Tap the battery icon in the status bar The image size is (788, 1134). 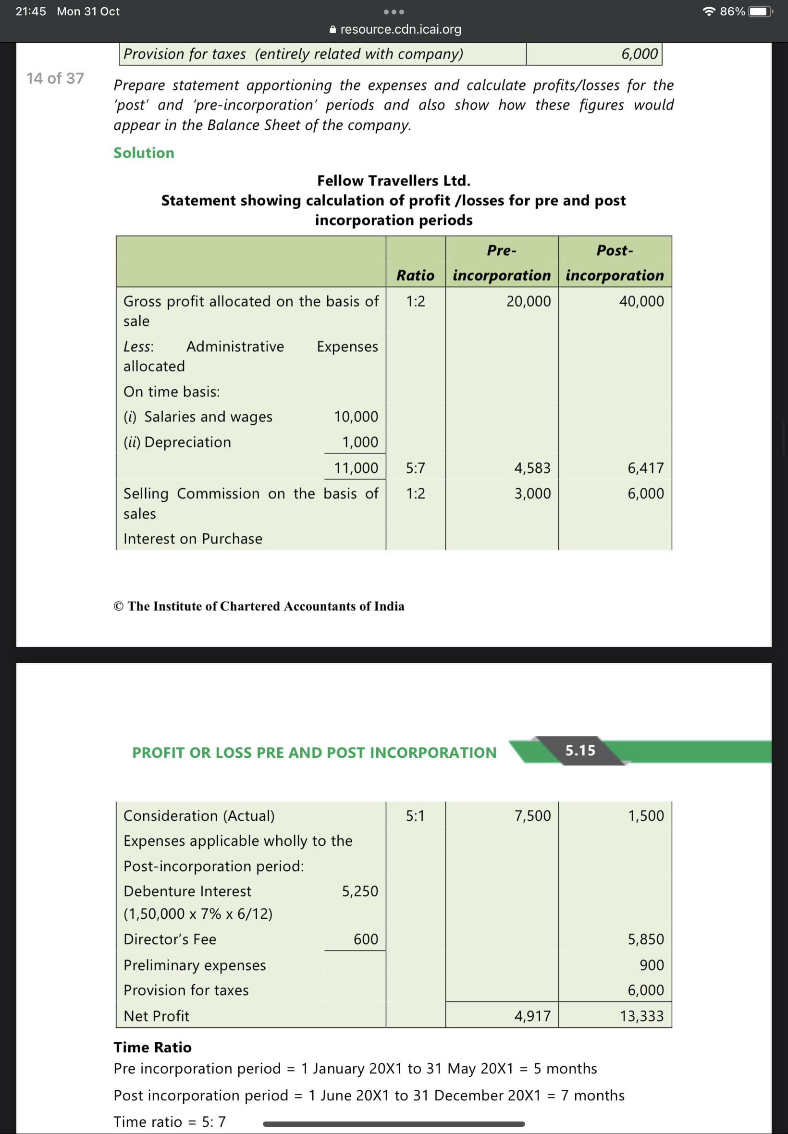(x=760, y=12)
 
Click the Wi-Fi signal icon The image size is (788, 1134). (x=709, y=12)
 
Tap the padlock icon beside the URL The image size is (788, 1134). (x=333, y=30)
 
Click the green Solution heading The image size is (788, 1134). (x=144, y=153)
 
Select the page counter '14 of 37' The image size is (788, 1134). (x=55, y=78)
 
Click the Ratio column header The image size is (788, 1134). (x=415, y=275)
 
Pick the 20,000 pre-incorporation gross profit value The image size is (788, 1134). (x=528, y=301)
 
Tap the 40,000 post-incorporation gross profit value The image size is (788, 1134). (x=641, y=301)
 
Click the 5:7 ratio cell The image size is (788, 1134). (x=415, y=468)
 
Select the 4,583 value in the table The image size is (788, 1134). (x=532, y=468)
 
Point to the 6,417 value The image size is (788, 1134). (x=645, y=468)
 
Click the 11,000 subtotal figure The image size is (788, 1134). (x=356, y=468)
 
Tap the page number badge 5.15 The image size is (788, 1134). (x=580, y=751)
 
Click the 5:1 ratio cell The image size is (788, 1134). (x=415, y=815)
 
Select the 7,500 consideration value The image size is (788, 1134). (x=532, y=815)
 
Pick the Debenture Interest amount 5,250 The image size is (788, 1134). (x=360, y=891)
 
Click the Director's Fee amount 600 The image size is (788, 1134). (x=365, y=939)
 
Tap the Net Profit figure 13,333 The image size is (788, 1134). (x=641, y=1016)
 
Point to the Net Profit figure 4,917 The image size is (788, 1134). (x=532, y=1016)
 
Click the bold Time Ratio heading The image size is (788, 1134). (x=153, y=1047)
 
